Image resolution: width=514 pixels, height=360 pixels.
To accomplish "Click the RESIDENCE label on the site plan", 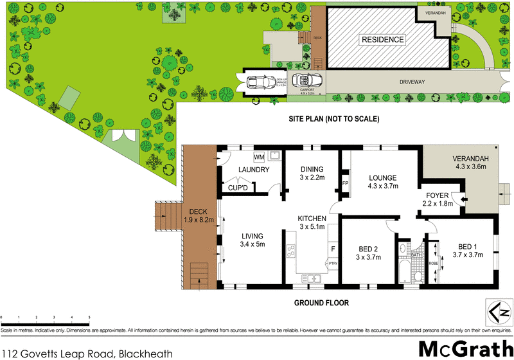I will coord(382,40).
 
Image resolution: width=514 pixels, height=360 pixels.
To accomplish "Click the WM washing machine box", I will coord(259,156).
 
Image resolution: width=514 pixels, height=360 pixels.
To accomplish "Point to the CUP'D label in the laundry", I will coord(238,188).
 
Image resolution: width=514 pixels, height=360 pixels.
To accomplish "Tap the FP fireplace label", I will coord(345,183).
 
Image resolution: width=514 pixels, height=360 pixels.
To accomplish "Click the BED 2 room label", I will coord(368,252).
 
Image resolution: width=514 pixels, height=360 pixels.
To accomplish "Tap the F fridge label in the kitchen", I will coord(332,248).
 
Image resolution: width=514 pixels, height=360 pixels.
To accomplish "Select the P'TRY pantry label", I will coord(332,263).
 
